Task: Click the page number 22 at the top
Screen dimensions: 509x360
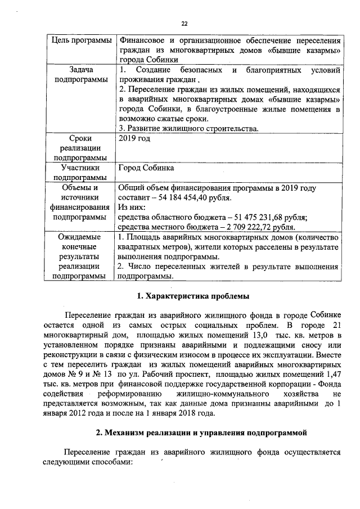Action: (184, 23)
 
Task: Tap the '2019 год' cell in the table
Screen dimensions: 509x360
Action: (134, 137)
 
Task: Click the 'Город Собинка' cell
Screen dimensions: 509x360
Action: (146, 168)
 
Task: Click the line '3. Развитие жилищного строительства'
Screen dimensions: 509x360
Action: (188, 128)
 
